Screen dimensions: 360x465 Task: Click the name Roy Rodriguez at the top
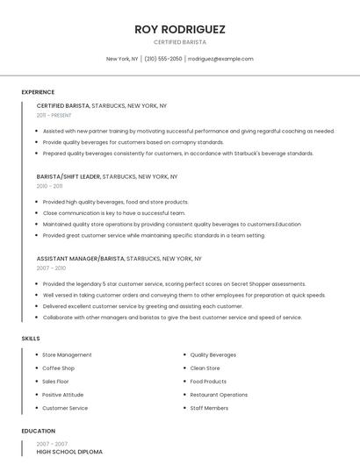click(180, 29)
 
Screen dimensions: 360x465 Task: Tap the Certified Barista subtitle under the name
click(180, 42)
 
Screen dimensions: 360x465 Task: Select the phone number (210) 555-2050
click(163, 59)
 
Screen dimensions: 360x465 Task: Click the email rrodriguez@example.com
click(220, 59)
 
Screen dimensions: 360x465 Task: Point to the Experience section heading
click(38, 92)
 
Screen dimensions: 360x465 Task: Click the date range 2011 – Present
click(54, 115)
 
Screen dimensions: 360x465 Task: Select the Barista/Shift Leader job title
click(68, 176)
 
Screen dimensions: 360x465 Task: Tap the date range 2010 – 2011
click(49, 186)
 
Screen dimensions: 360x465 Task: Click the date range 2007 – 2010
click(51, 268)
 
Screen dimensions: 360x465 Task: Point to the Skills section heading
click(31, 339)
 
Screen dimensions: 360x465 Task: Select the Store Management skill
click(67, 355)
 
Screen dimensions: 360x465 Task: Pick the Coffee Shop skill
click(59, 368)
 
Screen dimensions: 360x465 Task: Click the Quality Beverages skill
click(213, 355)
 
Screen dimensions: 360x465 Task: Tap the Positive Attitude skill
click(64, 395)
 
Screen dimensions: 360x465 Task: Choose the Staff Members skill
click(209, 408)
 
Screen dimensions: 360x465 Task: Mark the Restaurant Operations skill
click(219, 395)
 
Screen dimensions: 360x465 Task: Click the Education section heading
click(38, 431)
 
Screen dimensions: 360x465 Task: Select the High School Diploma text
click(69, 452)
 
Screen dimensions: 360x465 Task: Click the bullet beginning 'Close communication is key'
click(114, 213)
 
